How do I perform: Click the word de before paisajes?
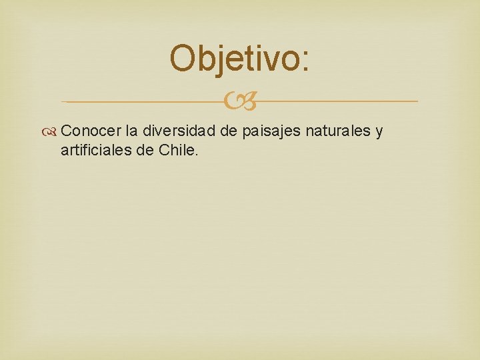pos(229,131)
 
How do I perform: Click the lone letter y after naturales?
pos(379,133)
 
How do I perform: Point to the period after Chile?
pos(197,155)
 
